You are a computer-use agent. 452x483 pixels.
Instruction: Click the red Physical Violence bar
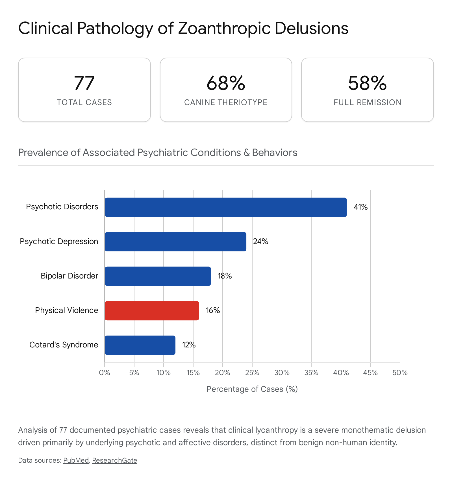152,310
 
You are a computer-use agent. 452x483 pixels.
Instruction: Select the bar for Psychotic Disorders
226,207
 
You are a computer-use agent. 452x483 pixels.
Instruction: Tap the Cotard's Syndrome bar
140,345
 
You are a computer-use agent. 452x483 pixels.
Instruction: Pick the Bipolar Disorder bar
158,276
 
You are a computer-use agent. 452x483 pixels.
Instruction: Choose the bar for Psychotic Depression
175,241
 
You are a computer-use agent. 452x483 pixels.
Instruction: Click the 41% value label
361,207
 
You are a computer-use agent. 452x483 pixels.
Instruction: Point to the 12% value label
189,345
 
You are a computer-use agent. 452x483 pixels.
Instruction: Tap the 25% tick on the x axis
252,373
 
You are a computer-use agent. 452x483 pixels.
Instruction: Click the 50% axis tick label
400,373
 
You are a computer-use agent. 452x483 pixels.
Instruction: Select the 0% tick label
105,373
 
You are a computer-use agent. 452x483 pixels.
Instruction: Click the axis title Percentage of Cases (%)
252,389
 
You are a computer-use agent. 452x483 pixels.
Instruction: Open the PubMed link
76,460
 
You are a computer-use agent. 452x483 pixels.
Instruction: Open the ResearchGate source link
115,460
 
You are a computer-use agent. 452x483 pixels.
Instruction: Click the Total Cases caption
84,102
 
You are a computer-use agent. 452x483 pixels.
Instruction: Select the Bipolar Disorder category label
69,276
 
